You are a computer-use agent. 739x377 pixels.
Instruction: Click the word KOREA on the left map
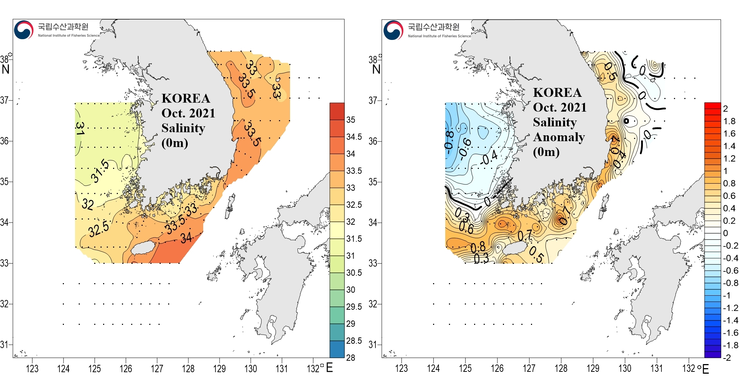[186, 98]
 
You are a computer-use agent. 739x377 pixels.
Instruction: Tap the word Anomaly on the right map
[559, 137]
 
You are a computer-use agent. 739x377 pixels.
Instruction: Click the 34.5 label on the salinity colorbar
[354, 137]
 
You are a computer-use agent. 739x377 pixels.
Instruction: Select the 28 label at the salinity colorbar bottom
[350, 357]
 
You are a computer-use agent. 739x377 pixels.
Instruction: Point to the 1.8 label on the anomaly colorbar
[729, 121]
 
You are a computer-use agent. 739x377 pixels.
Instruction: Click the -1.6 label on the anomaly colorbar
[730, 333]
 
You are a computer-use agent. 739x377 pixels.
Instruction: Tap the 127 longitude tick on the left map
[157, 368]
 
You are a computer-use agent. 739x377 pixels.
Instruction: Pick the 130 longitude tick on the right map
[625, 368]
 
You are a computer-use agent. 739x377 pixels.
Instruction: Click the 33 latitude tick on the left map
[4, 263]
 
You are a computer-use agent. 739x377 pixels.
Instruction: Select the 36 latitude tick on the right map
[373, 141]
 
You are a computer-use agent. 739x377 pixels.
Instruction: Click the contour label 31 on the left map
[80, 128]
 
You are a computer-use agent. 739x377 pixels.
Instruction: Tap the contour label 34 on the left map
[186, 237]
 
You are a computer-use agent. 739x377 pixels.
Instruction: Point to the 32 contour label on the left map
[88, 204]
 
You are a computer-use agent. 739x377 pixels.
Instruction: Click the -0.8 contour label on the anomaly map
[449, 140]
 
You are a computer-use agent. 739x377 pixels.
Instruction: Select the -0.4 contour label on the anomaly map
[489, 159]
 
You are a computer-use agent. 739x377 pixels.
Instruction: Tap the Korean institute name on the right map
[433, 27]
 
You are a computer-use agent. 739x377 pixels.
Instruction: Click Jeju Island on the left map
[144, 248]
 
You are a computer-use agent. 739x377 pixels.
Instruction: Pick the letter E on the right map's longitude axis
[705, 369]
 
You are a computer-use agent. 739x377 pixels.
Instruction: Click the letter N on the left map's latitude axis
[6, 69]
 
